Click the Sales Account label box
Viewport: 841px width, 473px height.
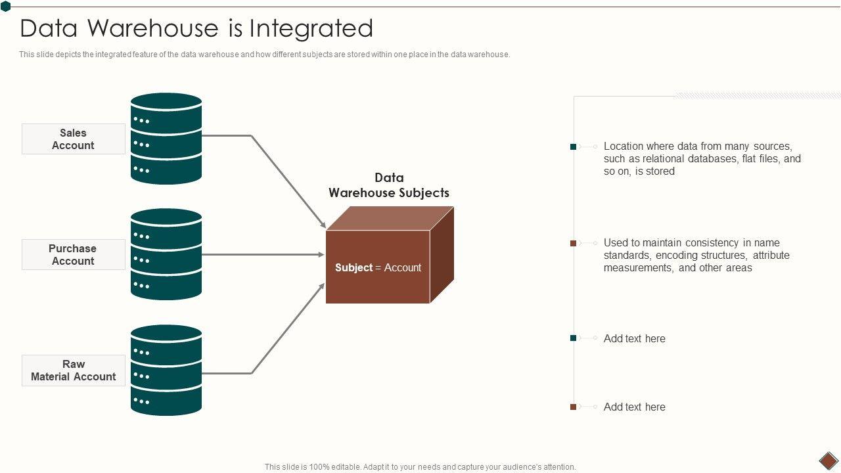click(x=74, y=139)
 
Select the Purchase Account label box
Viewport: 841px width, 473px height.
click(x=74, y=254)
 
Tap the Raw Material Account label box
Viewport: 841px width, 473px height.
click(x=74, y=371)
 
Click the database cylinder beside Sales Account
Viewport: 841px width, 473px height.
click(x=166, y=139)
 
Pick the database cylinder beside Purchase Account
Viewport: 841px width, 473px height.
click(x=166, y=254)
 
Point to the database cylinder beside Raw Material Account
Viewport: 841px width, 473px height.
click(x=166, y=370)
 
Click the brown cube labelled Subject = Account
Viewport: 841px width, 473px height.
click(x=390, y=255)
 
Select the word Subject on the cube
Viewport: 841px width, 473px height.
click(x=353, y=267)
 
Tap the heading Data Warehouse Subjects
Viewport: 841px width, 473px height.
click(x=389, y=185)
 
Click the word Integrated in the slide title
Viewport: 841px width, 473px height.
click(x=311, y=28)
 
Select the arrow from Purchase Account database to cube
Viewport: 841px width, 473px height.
click(x=263, y=254)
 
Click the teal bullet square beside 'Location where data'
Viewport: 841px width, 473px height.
click(x=574, y=146)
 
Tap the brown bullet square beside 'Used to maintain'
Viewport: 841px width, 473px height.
click(x=574, y=243)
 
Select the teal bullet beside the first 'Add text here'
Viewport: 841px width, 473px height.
click(x=574, y=338)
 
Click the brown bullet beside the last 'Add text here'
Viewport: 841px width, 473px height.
click(x=574, y=407)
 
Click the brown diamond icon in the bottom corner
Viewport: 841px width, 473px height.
click(x=829, y=461)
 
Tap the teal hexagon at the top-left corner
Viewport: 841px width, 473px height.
click(x=6, y=7)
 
